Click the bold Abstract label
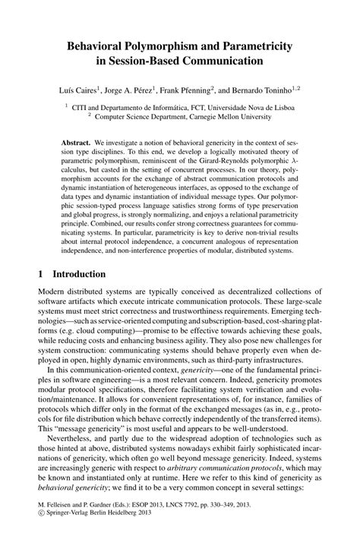[77, 142]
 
